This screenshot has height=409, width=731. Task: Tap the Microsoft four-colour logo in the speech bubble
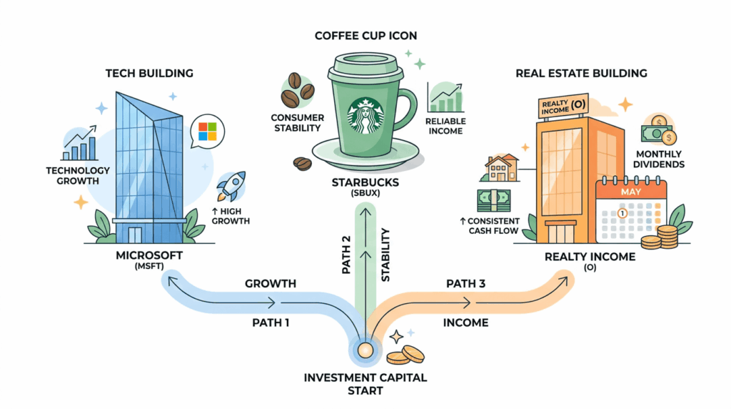[207, 131]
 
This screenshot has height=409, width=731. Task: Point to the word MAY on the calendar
[631, 192]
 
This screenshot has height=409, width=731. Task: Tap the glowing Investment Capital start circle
[365, 350]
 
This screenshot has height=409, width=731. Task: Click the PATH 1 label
[271, 322]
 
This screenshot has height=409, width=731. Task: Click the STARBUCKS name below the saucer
[364, 183]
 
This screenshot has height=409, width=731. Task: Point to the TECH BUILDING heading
[149, 73]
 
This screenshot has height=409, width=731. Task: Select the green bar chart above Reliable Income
[445, 98]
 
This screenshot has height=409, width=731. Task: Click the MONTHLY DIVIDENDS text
[658, 159]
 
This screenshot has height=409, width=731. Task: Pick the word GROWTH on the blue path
[271, 283]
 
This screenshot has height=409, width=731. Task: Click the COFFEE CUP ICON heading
[365, 36]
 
